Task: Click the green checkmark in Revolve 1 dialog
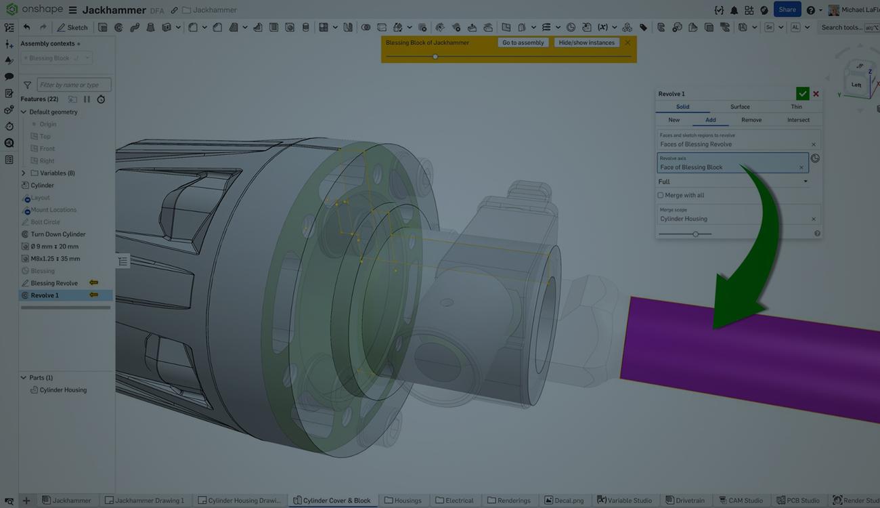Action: tap(802, 93)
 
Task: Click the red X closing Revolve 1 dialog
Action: tap(816, 93)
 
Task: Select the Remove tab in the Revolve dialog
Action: tap(751, 120)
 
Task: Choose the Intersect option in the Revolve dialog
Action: tap(798, 120)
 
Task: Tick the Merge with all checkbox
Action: tap(661, 195)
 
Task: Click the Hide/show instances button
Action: tap(586, 43)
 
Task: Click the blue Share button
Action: tap(787, 9)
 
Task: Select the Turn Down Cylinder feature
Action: tap(58, 234)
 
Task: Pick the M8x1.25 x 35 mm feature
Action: tap(56, 259)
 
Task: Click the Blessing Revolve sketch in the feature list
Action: tap(54, 283)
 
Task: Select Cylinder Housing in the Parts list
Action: tap(63, 390)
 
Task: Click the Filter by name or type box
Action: tap(74, 85)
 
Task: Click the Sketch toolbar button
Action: tap(72, 28)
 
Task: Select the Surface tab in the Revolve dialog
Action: tap(740, 106)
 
